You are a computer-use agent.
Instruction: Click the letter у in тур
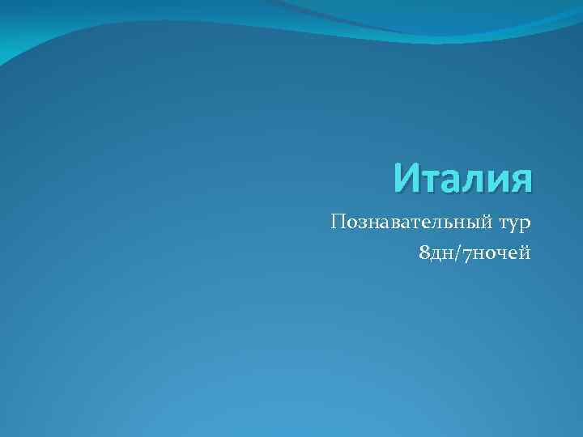pyautogui.click(x=515, y=225)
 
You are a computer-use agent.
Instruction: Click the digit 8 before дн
pyautogui.click(x=425, y=254)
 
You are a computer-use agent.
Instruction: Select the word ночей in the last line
pyautogui.click(x=501, y=255)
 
